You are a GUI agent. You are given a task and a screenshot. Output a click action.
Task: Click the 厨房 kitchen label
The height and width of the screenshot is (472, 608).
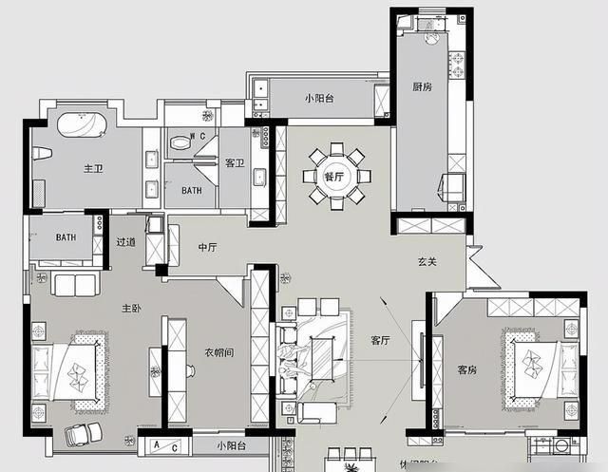click(x=423, y=86)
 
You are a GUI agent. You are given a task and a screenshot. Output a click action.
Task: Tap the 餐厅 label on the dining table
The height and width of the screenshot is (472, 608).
click(x=333, y=177)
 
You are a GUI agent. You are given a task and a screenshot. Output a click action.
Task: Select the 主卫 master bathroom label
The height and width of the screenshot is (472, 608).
click(x=92, y=169)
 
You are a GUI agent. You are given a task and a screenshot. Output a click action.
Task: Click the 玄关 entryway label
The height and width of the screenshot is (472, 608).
click(x=427, y=262)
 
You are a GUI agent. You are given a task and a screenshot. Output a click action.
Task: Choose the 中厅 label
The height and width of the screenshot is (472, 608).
click(x=207, y=247)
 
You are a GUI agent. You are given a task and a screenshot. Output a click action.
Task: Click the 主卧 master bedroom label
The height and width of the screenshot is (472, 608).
click(x=132, y=309)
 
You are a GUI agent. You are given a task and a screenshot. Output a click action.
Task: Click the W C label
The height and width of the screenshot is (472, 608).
click(x=198, y=137)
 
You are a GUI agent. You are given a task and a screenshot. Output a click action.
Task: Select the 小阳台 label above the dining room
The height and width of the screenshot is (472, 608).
click(x=320, y=98)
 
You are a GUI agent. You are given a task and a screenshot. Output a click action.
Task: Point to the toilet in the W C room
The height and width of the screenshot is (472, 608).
click(x=178, y=142)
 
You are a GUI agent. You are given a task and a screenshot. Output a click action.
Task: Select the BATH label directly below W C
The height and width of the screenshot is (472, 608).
click(x=192, y=190)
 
